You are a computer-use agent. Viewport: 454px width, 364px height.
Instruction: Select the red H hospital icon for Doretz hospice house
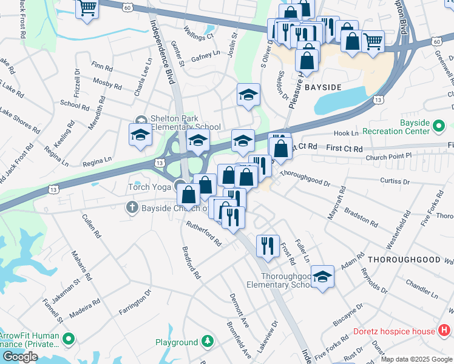[444, 331]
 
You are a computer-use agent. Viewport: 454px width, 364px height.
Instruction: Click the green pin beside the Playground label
[208, 342]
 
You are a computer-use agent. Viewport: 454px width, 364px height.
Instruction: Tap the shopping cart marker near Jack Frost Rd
[87, 8]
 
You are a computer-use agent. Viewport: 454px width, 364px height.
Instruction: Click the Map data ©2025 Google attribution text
[416, 359]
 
